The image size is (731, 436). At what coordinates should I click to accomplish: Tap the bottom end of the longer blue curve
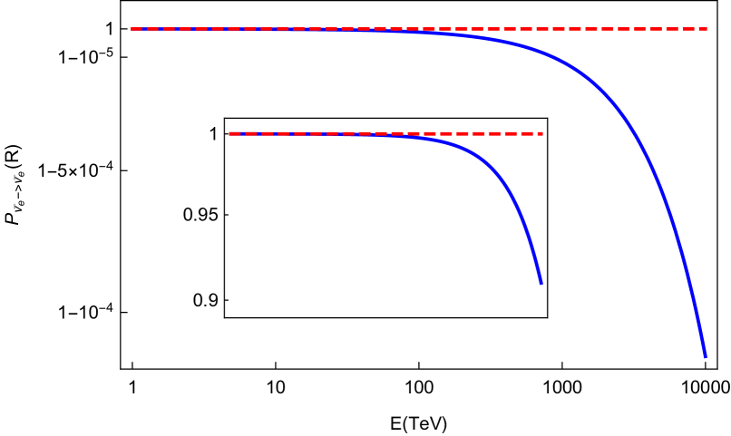705,356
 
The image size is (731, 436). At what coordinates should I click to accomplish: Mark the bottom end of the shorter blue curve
541,283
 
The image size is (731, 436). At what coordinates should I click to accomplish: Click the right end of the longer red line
707,29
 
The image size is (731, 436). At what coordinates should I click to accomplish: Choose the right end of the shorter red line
542,133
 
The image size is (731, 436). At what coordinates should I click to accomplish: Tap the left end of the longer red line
132,29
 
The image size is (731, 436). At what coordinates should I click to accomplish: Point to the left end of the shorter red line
229,133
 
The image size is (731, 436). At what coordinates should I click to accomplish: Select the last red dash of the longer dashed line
701,29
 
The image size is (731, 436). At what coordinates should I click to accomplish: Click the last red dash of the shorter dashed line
537,133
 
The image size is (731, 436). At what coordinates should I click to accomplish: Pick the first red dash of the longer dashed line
136,29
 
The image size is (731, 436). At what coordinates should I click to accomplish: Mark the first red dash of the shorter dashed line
234,133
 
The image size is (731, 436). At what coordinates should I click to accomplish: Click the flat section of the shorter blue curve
345,134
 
